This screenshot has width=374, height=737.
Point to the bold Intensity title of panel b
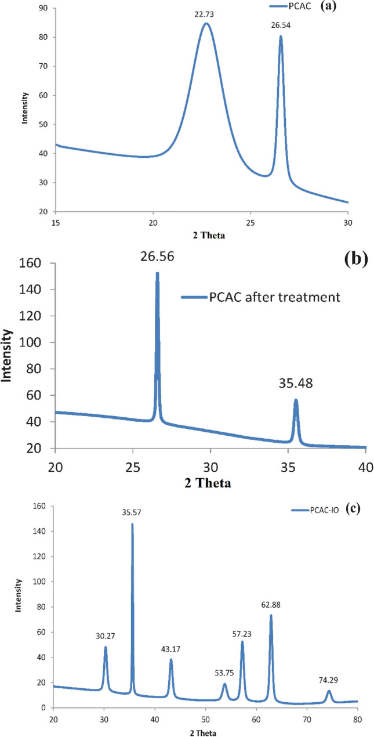pyautogui.click(x=8, y=355)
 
